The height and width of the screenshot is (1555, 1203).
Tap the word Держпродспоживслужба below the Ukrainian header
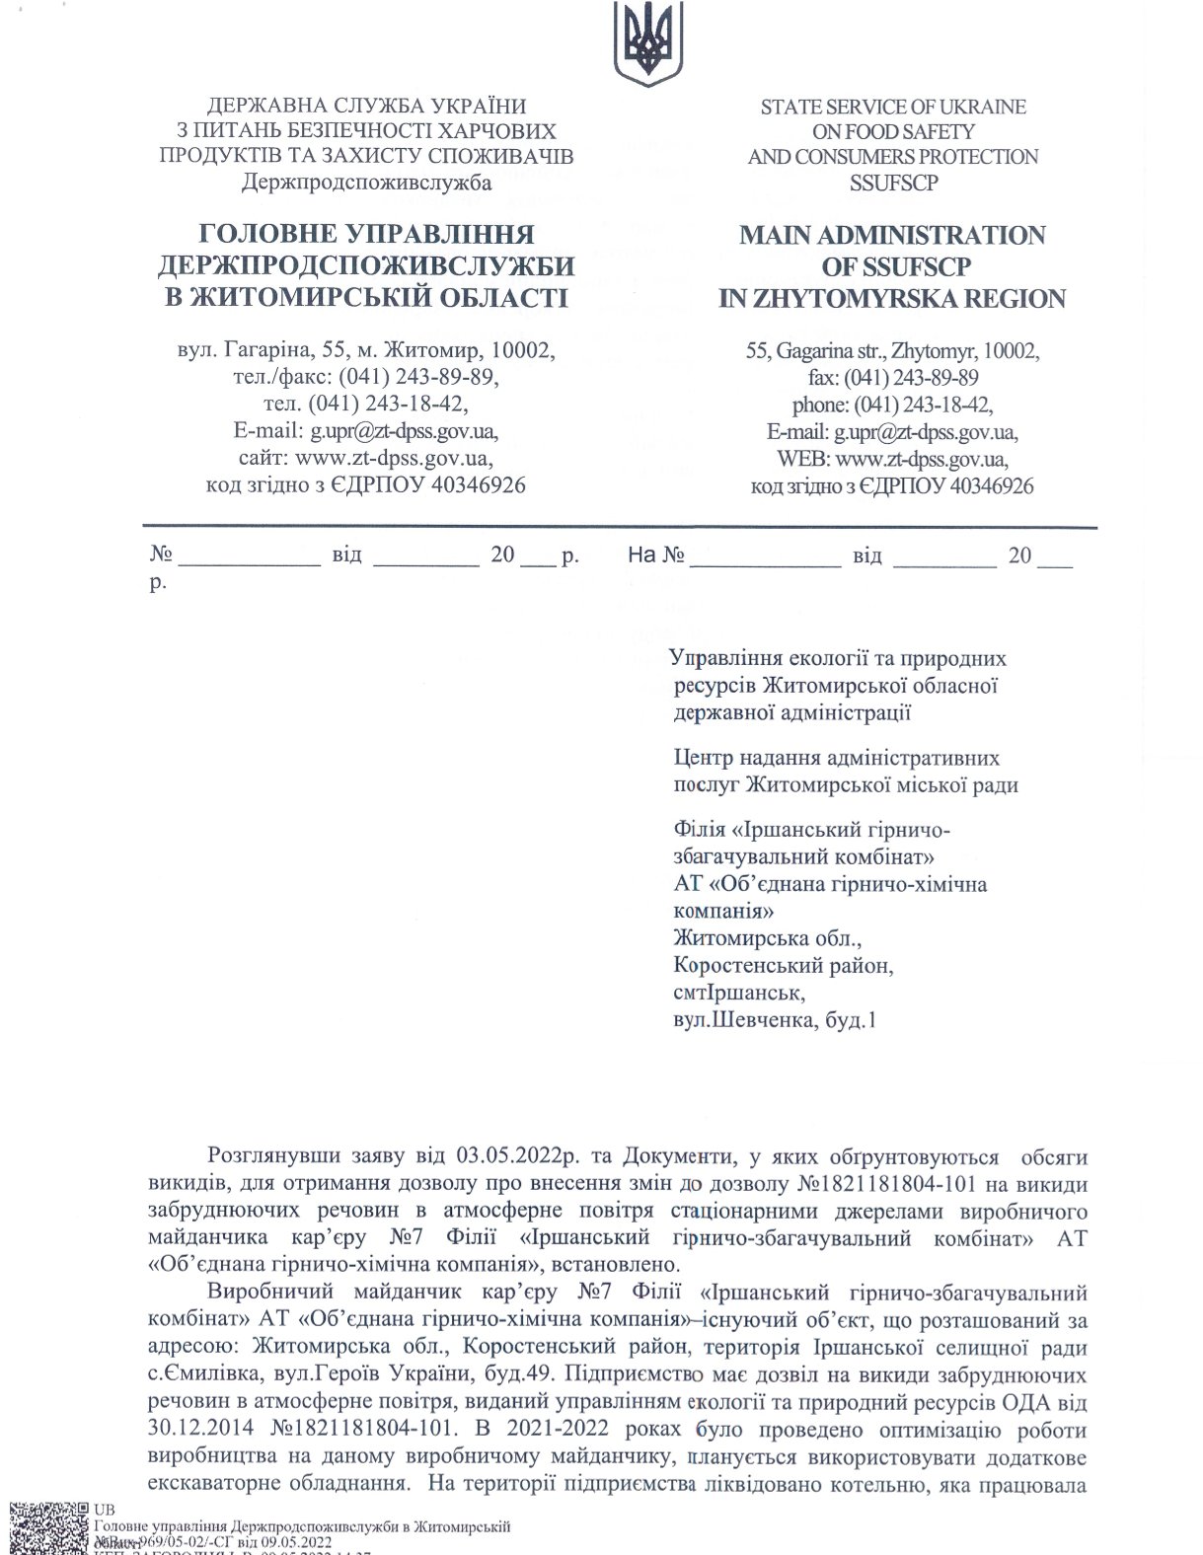point(366,182)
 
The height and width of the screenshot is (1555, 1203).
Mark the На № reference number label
point(656,555)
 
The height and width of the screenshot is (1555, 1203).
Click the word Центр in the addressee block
point(706,758)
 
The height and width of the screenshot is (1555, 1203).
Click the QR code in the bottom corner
point(47,1526)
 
